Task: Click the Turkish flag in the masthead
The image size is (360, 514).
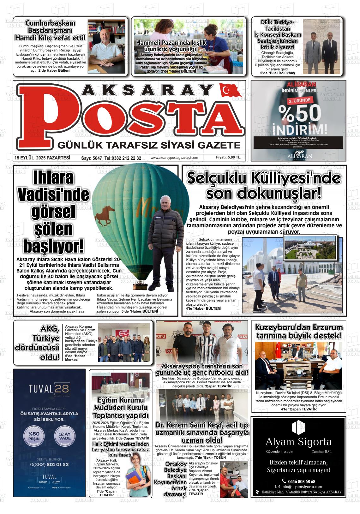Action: pyautogui.click(x=230, y=91)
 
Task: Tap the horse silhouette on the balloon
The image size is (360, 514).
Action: pyautogui.click(x=105, y=215)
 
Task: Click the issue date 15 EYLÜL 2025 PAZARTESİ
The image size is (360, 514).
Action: pyautogui.click(x=42, y=158)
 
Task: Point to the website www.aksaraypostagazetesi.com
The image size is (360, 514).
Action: pyautogui.click(x=174, y=158)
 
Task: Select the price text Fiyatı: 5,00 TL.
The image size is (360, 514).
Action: pyautogui.click(x=228, y=158)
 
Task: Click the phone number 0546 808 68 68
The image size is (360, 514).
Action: pyautogui.click(x=301, y=481)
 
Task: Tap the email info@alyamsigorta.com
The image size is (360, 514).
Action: pyautogui.click(x=301, y=487)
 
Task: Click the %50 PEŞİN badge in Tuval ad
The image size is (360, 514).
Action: pyautogui.click(x=34, y=436)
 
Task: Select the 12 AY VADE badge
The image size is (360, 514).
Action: pyautogui.click(x=65, y=436)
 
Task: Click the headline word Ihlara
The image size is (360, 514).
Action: pyautogui.click(x=54, y=178)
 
